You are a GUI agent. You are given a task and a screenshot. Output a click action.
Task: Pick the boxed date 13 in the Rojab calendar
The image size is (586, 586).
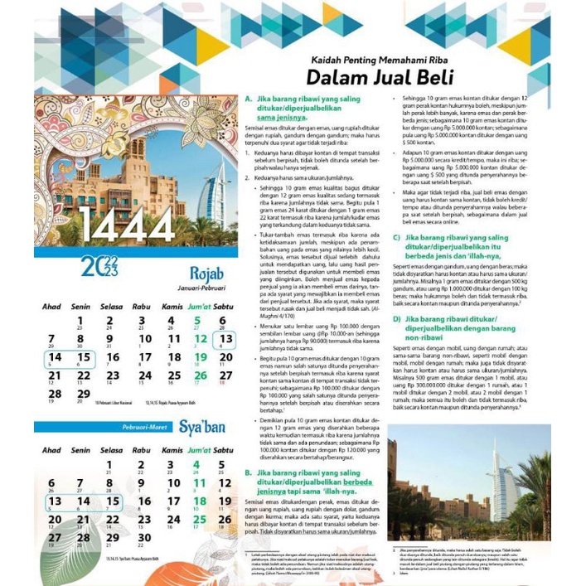coord(225,338)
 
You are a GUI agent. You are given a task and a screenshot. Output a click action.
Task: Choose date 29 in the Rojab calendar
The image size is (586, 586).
coord(82,395)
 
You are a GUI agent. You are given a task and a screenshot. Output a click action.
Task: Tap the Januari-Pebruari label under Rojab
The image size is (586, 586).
coord(203,288)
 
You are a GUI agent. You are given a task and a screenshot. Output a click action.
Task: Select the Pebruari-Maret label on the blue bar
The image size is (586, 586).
coord(138,428)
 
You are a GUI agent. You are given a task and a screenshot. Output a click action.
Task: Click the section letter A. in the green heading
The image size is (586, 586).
coord(248,99)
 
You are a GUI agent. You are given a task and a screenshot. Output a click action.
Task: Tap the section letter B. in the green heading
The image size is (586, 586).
coord(249,472)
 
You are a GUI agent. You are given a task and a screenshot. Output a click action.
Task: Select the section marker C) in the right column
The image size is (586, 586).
coord(396,237)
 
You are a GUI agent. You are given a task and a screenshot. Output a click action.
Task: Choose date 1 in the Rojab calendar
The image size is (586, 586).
coord(81,320)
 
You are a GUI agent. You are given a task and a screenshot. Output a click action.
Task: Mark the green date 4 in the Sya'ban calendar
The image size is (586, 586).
coord(196,464)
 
